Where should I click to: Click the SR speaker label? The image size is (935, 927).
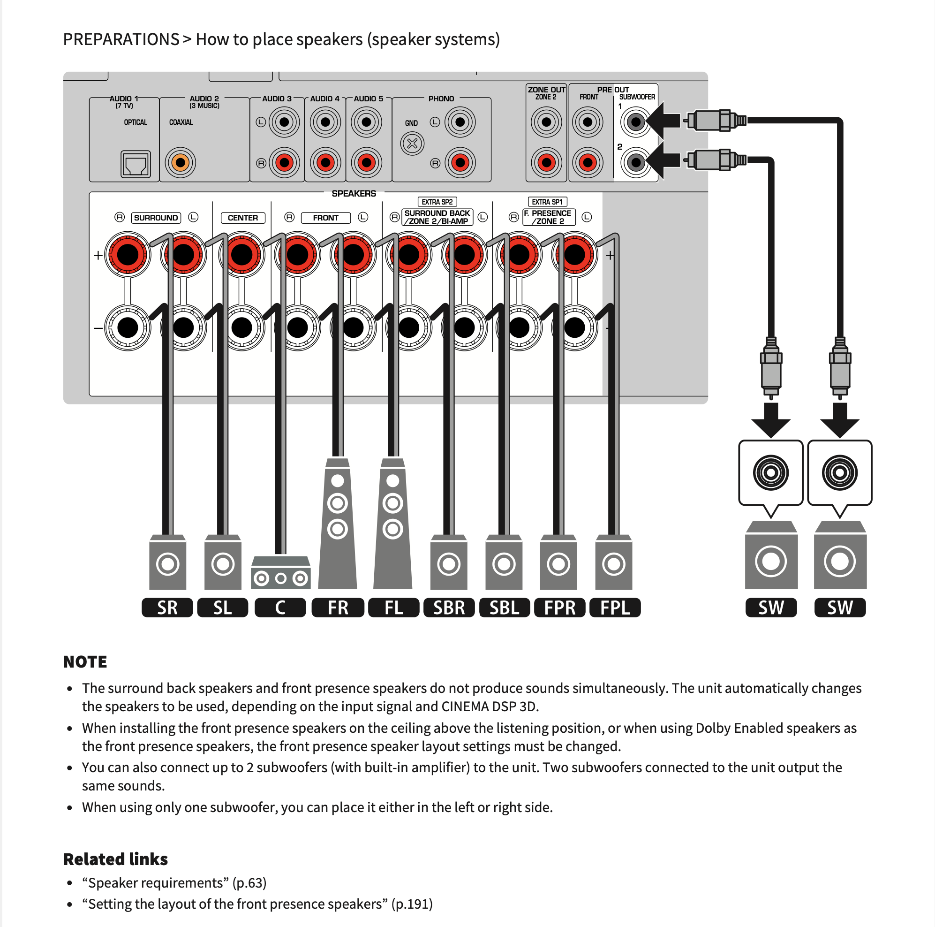[167, 608]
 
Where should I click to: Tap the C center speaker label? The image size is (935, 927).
[280, 608]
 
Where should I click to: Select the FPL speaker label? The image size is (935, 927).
[615, 608]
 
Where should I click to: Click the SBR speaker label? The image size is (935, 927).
[449, 608]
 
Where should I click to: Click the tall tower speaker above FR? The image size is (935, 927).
[337, 523]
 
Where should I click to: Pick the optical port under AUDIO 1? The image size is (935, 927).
[136, 164]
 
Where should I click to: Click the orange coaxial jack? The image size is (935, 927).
[180, 163]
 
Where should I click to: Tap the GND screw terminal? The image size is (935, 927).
[412, 143]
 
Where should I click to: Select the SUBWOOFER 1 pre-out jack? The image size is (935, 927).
[635, 122]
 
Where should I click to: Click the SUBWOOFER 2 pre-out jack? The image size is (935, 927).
[635, 162]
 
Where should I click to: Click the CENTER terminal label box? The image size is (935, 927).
[242, 218]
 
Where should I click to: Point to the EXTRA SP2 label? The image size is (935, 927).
[437, 202]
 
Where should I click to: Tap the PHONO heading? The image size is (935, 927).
[441, 99]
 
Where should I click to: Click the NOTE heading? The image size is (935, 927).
[85, 662]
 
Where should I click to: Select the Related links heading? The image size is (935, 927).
[115, 859]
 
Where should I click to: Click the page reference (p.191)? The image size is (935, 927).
[412, 904]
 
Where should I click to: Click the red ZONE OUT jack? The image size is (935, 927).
[546, 162]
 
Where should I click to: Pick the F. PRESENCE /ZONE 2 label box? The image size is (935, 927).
[549, 217]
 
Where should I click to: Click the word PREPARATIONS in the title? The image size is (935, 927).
[121, 39]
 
